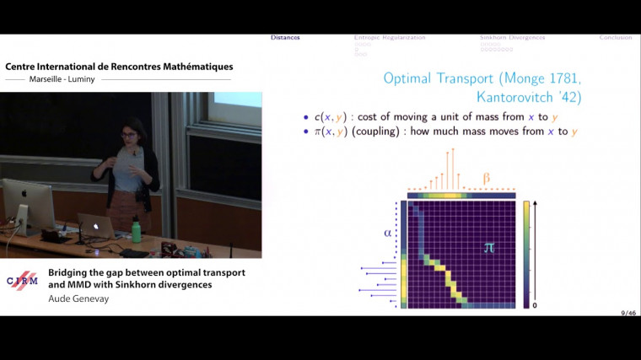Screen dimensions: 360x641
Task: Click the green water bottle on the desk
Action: [x=136, y=229]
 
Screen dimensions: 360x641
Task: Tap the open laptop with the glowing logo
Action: [x=95, y=226]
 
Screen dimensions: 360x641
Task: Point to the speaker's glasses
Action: [x=132, y=134]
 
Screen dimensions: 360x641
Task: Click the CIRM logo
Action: [x=22, y=281]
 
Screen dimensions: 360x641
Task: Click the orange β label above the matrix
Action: [x=485, y=178]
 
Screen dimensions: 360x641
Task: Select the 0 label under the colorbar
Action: [x=536, y=304]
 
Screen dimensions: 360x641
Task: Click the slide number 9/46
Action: [x=628, y=313]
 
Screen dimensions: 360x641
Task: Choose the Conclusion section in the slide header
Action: [x=616, y=38]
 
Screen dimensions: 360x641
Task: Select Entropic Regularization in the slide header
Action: [x=390, y=38]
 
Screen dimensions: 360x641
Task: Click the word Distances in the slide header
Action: [x=285, y=38]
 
